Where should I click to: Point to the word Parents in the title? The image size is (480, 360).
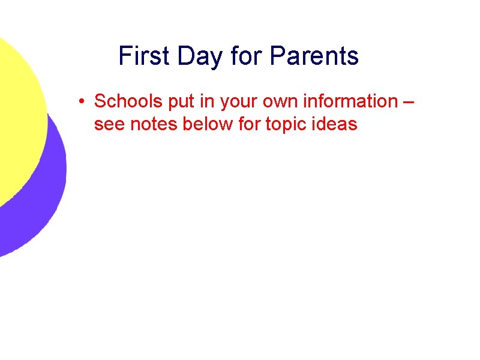tap(314, 56)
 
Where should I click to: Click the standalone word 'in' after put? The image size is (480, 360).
tap(203, 101)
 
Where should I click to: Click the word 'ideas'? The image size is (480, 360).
tap(336, 125)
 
